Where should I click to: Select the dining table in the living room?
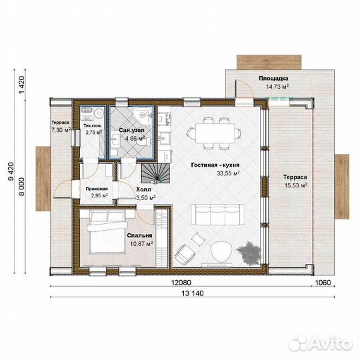215,133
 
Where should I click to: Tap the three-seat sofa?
217,215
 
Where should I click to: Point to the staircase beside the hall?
155,173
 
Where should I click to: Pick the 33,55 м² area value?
229,173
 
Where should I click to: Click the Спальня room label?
139,235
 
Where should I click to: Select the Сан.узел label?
131,130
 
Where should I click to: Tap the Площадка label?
273,78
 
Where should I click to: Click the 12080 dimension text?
181,283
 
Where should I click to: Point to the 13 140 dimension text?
193,293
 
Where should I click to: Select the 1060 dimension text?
323,283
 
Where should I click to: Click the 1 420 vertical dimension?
21,85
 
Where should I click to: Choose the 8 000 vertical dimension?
21,187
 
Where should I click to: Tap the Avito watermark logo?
321,344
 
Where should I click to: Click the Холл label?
144,189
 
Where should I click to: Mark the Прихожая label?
97,189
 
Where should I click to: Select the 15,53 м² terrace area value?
296,185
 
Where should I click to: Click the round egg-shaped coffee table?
221,251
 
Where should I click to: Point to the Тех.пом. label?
93,126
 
